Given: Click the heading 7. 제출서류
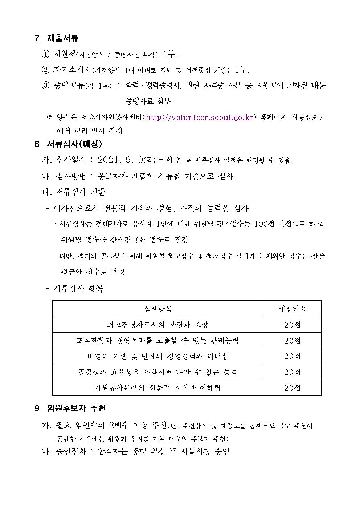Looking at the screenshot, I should click(x=56, y=38).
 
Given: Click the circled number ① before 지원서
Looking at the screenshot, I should click(x=45, y=54).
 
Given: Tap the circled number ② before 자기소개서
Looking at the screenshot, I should click(x=45, y=70).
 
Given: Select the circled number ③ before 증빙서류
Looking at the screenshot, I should click(x=45, y=86).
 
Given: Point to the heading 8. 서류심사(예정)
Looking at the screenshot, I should click(x=68, y=144).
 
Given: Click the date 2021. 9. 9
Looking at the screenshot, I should click(x=120, y=160).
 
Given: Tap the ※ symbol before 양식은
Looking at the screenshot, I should click(x=49, y=118).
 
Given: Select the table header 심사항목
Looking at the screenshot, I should click(x=157, y=309).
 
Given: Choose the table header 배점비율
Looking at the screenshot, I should click(x=292, y=309).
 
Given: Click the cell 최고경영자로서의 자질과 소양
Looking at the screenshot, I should click(x=157, y=325).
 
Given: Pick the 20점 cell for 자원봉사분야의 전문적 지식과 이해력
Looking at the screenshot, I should click(x=292, y=388).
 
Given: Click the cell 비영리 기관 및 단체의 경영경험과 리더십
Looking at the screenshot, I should click(x=157, y=356).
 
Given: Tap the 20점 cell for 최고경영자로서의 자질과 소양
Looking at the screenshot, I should click(x=292, y=325).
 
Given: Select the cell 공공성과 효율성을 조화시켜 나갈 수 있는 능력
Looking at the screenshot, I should click(x=157, y=372).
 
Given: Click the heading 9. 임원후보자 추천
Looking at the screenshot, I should click(x=70, y=408).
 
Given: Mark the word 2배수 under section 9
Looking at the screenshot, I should click(x=119, y=425).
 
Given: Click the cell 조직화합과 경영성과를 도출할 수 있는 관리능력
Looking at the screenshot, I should click(x=157, y=341).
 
